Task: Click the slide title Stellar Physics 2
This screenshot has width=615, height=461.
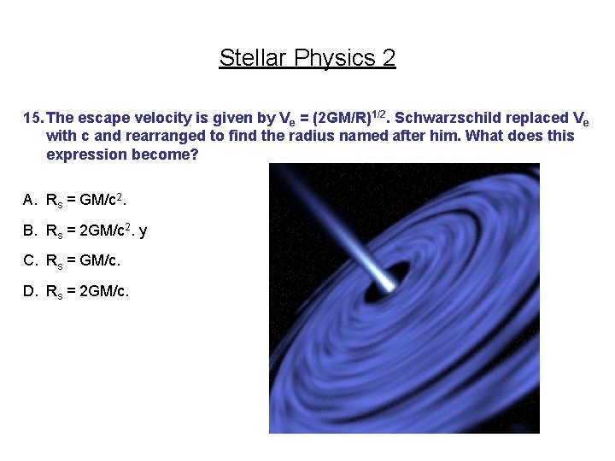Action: pyautogui.click(x=307, y=58)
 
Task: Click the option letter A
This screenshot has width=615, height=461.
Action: pyautogui.click(x=30, y=200)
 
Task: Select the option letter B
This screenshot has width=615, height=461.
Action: pyautogui.click(x=30, y=230)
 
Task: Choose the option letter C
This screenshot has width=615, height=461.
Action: pyautogui.click(x=30, y=261)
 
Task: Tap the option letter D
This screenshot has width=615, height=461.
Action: pyautogui.click(x=30, y=292)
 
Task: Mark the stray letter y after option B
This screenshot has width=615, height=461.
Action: pyautogui.click(x=143, y=231)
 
